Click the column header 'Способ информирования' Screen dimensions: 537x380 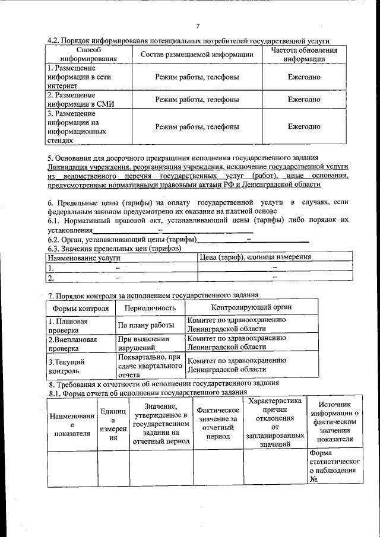pyautogui.click(x=81, y=55)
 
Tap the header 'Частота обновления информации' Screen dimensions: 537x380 pyautogui.click(x=304, y=55)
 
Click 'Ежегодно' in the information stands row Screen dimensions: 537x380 pyautogui.click(x=304, y=126)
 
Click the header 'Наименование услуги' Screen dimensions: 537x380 pyautogui.click(x=84, y=258)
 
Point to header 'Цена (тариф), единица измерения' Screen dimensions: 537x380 pyautogui.click(x=255, y=257)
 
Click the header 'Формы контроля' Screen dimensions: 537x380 pyautogui.click(x=81, y=308)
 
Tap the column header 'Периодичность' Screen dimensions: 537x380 pyautogui.click(x=150, y=308)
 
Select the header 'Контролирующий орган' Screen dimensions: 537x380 pyautogui.click(x=251, y=307)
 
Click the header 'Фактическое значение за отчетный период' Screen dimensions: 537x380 pyautogui.click(x=217, y=423)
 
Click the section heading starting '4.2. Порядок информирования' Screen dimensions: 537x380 pyautogui.click(x=188, y=40)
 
